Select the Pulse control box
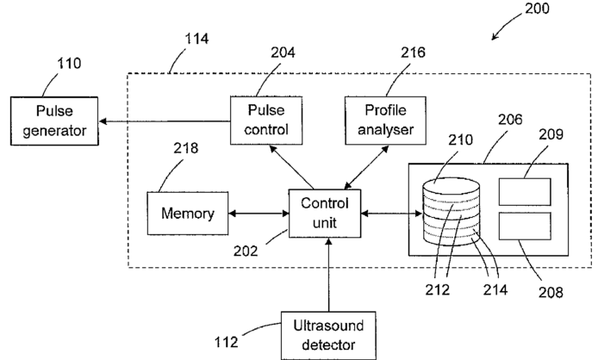coord(263,121)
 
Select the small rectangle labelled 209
coord(525,191)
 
